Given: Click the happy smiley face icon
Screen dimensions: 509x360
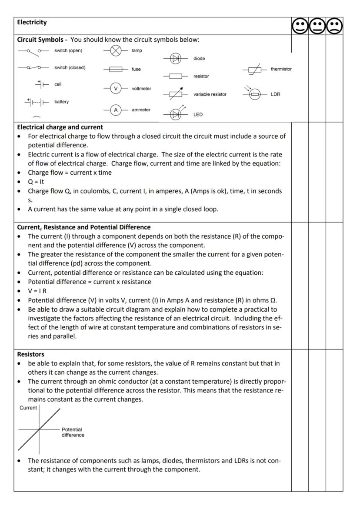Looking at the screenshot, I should pos(300,27).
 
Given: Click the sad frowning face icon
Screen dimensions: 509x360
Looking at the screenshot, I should pos(334,27).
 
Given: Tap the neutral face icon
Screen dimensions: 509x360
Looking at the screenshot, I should pos(317,27).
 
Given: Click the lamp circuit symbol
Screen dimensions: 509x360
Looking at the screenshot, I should pos(116,51).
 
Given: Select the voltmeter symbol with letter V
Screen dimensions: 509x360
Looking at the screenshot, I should pos(116,89).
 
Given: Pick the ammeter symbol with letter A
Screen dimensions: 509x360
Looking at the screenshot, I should pos(116,110).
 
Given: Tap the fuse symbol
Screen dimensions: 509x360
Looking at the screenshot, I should pos(116,69).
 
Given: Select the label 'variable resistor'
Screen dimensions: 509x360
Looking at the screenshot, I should pos(210,94).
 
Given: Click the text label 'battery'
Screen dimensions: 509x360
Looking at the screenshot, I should pos(61,102).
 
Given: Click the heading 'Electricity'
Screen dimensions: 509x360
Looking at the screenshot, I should pos(32,22).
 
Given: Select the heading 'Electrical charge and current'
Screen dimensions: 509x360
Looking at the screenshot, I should pos(60,127).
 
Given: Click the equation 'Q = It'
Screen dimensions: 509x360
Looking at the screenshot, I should pos(37,182).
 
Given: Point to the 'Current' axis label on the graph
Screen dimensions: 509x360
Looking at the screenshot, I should pos(29,408).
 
